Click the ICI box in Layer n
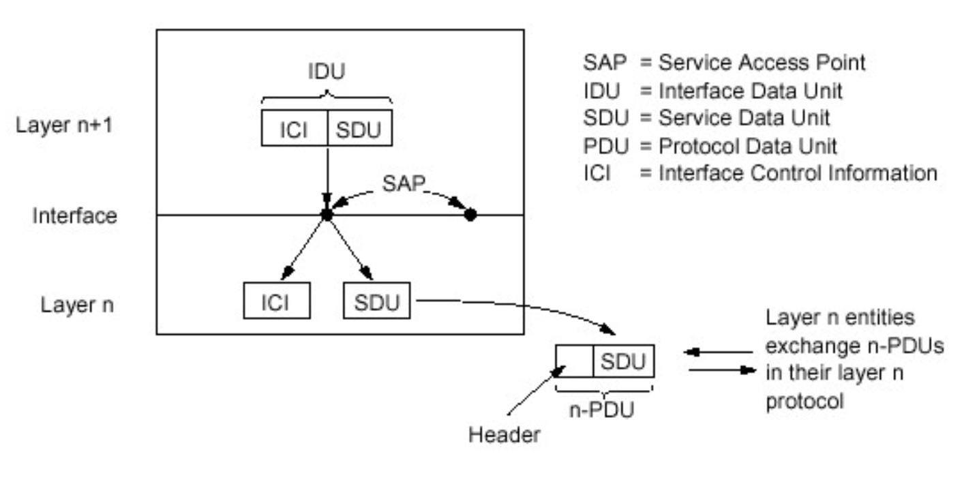[x=276, y=301]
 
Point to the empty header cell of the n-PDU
[x=574, y=361]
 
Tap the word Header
[x=503, y=434]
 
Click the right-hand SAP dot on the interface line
[x=470, y=215]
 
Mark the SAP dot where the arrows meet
[x=327, y=215]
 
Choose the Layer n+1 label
[x=65, y=125]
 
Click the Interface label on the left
[x=75, y=215]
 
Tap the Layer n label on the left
[x=76, y=305]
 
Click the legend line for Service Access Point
[x=724, y=63]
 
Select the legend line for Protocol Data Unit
[x=710, y=145]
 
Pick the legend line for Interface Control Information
[x=759, y=172]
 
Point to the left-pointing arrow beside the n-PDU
[x=717, y=352]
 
